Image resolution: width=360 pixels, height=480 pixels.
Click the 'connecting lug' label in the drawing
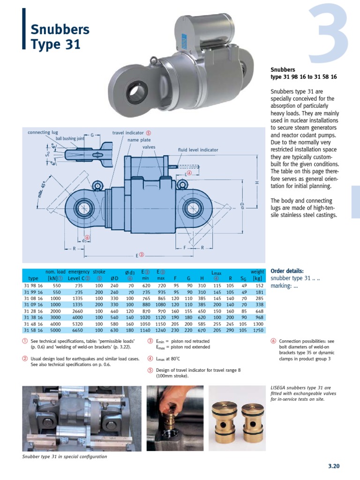click(x=39, y=133)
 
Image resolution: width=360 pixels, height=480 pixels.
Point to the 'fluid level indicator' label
click(x=198, y=150)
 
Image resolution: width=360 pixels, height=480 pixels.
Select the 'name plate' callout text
click(x=139, y=140)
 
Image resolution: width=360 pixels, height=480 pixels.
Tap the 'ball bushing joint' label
click(x=70, y=139)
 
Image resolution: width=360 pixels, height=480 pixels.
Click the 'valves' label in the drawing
click(x=149, y=147)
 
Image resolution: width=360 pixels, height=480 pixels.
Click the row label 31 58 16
click(x=33, y=330)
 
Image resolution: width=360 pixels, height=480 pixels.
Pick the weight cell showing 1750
click(x=258, y=330)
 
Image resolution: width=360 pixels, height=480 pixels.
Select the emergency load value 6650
click(x=78, y=330)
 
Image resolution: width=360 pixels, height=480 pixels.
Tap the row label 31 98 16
click(x=33, y=285)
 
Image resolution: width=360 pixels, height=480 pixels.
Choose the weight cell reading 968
click(x=259, y=317)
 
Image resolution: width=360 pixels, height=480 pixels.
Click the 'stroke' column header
click(x=99, y=271)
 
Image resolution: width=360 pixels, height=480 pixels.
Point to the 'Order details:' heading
click(x=287, y=271)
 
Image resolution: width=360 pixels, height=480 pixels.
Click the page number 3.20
click(x=333, y=466)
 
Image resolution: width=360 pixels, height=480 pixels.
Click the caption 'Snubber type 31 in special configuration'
click(x=65, y=457)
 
